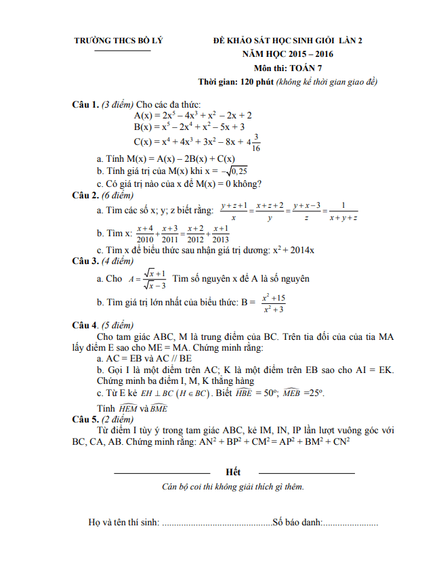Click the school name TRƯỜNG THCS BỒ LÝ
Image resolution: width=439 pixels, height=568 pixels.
point(119,42)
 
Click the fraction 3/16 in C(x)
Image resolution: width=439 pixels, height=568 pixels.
point(256,143)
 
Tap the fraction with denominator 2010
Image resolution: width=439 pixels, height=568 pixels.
point(145,234)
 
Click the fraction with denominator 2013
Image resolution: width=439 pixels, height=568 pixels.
point(220,234)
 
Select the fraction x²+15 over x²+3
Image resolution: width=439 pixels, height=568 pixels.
point(273,303)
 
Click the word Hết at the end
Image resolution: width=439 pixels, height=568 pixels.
point(233,471)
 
